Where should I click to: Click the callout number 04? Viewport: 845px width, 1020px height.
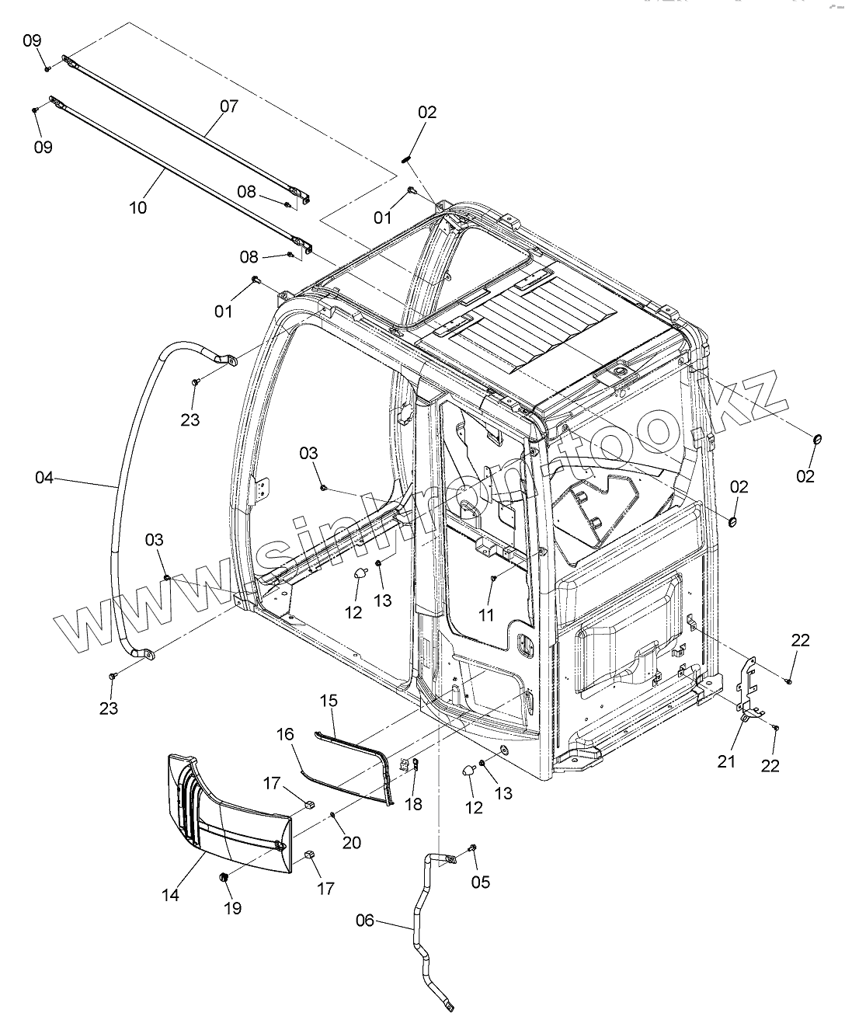[x=43, y=478]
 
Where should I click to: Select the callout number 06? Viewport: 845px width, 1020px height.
[x=365, y=921]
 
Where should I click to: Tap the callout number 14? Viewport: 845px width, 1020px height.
[x=170, y=895]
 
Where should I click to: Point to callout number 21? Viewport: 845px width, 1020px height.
[x=726, y=761]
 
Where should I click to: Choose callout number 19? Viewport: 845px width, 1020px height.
[x=232, y=907]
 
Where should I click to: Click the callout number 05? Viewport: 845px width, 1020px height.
[x=481, y=882]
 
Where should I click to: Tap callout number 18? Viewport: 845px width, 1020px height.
[x=414, y=804]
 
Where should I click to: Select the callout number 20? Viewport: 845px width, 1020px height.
[x=352, y=842]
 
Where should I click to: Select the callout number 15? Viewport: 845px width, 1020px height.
[x=329, y=701]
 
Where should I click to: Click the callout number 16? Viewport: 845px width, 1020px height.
[x=285, y=733]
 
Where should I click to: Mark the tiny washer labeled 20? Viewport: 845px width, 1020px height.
[x=332, y=813]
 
